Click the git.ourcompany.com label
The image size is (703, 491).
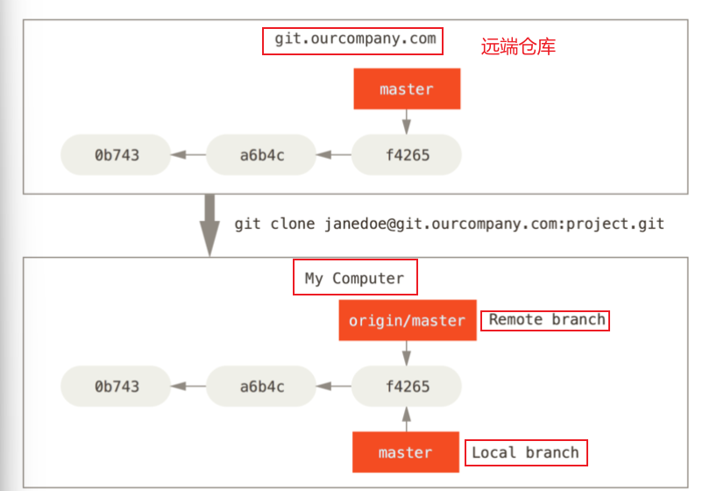tap(353, 40)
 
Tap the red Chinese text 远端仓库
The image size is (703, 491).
tap(518, 46)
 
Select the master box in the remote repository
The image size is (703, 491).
tap(406, 89)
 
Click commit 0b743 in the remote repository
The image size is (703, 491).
tap(117, 155)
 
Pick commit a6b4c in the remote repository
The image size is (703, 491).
tap(261, 155)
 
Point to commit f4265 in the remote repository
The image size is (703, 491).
tap(407, 155)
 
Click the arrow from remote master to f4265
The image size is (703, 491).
tap(406, 122)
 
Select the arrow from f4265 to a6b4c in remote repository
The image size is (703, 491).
tap(334, 155)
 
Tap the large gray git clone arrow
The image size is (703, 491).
tap(209, 225)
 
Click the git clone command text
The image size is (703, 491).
tap(449, 224)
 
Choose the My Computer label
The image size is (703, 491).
tap(355, 278)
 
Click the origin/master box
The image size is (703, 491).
tap(407, 321)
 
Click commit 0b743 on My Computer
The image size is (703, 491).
tap(117, 386)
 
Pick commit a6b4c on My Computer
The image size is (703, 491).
tap(261, 386)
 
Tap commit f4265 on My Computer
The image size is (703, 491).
tap(407, 386)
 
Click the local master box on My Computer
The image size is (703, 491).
tap(406, 452)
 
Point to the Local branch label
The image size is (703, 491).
tap(526, 452)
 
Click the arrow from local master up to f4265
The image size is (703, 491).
tap(406, 418)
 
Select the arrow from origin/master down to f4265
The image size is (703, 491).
tap(406, 353)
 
